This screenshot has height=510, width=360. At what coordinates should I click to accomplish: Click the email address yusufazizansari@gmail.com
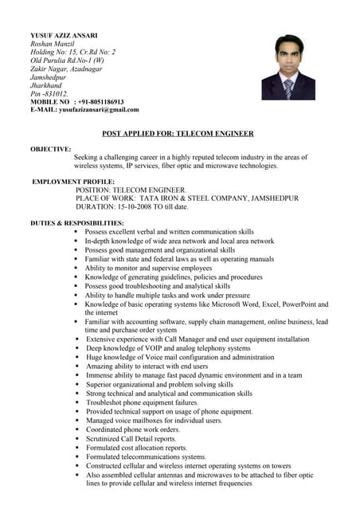point(99,110)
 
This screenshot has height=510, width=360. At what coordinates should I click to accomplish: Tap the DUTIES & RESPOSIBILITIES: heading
point(77,222)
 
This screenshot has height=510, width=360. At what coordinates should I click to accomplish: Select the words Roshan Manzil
point(52,45)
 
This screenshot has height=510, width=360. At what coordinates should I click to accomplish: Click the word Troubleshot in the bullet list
point(105,402)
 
